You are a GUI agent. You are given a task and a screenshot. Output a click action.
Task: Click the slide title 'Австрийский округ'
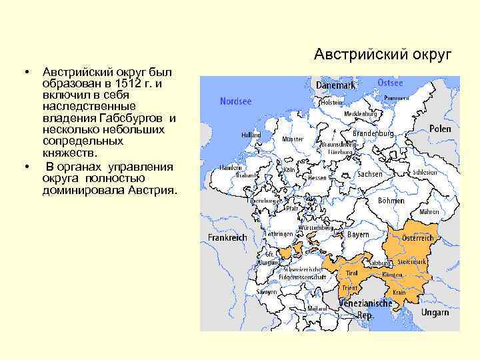pyautogui.click(x=383, y=53)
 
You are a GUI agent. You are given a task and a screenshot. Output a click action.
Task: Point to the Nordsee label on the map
pyautogui.click(x=235, y=102)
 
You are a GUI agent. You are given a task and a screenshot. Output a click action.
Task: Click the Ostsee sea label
pyautogui.click(x=390, y=83)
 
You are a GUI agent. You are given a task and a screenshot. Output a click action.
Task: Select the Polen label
pyautogui.click(x=440, y=129)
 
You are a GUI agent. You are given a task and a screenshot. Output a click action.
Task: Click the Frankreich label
pyautogui.click(x=227, y=237)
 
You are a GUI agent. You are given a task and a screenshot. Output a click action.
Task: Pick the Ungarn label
pyautogui.click(x=435, y=312)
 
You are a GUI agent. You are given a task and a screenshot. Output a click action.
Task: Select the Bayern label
pyautogui.click(x=358, y=235)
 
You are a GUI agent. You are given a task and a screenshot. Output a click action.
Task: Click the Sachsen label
pyautogui.click(x=370, y=173)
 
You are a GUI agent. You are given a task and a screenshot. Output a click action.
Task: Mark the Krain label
pyautogui.click(x=399, y=293)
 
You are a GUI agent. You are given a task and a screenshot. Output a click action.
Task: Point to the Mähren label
pyautogui.click(x=429, y=211)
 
